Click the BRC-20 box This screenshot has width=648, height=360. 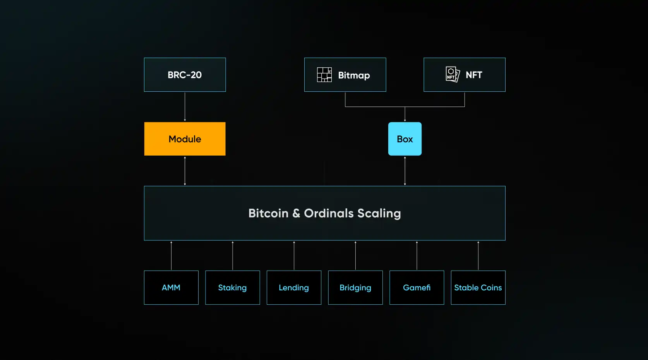pyautogui.click(x=185, y=75)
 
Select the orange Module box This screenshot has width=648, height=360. pyautogui.click(x=185, y=139)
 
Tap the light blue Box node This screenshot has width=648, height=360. pyautogui.click(x=405, y=139)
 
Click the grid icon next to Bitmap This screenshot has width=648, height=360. pyautogui.click(x=324, y=75)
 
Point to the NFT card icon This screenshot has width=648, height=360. pyautogui.click(x=452, y=74)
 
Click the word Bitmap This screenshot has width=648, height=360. pyautogui.click(x=354, y=75)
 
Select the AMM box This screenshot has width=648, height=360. pyautogui.click(x=171, y=288)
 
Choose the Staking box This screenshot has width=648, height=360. pyautogui.click(x=232, y=288)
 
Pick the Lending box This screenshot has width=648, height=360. pyautogui.click(x=294, y=288)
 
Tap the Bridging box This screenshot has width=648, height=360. pyautogui.click(x=355, y=288)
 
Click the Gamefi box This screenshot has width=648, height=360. pyautogui.click(x=417, y=288)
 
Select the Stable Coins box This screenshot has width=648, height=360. pyautogui.click(x=478, y=288)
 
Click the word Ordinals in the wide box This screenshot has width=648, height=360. pyautogui.click(x=329, y=213)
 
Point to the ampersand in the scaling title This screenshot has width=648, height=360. pyautogui.click(x=296, y=213)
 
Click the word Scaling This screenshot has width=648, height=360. pyautogui.click(x=379, y=214)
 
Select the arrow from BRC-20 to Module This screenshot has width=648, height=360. pyautogui.click(x=185, y=107)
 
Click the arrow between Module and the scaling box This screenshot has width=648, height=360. pyautogui.click(x=185, y=171)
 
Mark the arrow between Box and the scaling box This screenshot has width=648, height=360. pyautogui.click(x=405, y=171)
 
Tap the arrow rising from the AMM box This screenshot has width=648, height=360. pyautogui.click(x=171, y=255)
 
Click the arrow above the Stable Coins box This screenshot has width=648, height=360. pyautogui.click(x=478, y=255)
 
